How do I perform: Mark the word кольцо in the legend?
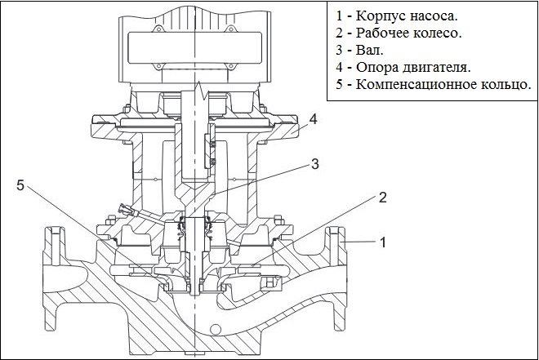(x=505, y=85)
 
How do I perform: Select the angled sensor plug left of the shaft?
(x=129, y=211)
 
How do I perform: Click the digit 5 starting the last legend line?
(x=337, y=85)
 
